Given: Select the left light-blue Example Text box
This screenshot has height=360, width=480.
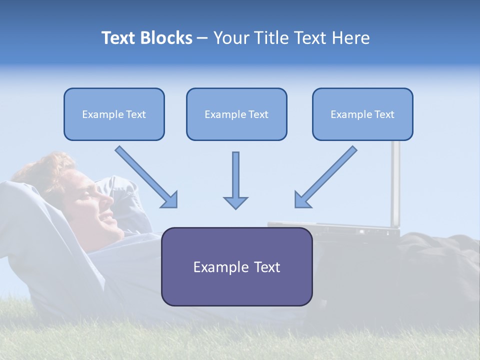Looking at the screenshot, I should tap(114, 114).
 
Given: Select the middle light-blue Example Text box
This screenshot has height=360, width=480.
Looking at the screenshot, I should tap(236, 114).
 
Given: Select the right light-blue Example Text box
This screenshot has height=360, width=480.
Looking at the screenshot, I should tap(362, 114).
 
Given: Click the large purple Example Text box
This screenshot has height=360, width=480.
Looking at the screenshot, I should tap(236, 266).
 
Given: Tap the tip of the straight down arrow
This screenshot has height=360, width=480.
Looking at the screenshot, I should tap(235, 207).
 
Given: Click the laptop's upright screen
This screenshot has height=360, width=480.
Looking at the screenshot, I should tap(395, 185).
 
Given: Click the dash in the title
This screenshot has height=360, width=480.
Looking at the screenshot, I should tap(202, 38).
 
